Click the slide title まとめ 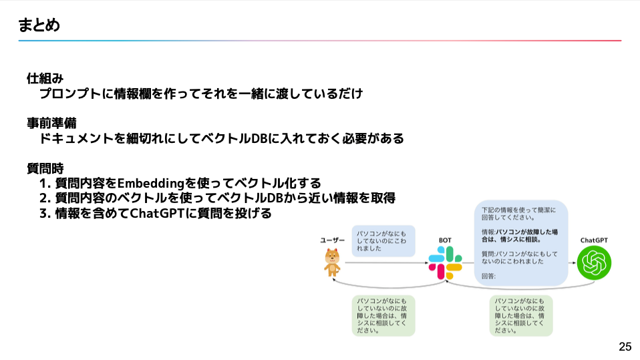tap(39, 25)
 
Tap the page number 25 tap(625, 347)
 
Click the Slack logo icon tap(445, 262)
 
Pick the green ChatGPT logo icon tap(594, 262)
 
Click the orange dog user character tap(332, 262)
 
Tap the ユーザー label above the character tap(332, 239)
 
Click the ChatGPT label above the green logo tap(594, 240)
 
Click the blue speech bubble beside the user tap(383, 240)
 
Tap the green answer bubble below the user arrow tap(383, 315)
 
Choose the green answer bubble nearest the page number tap(521, 315)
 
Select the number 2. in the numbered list tap(45, 198)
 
